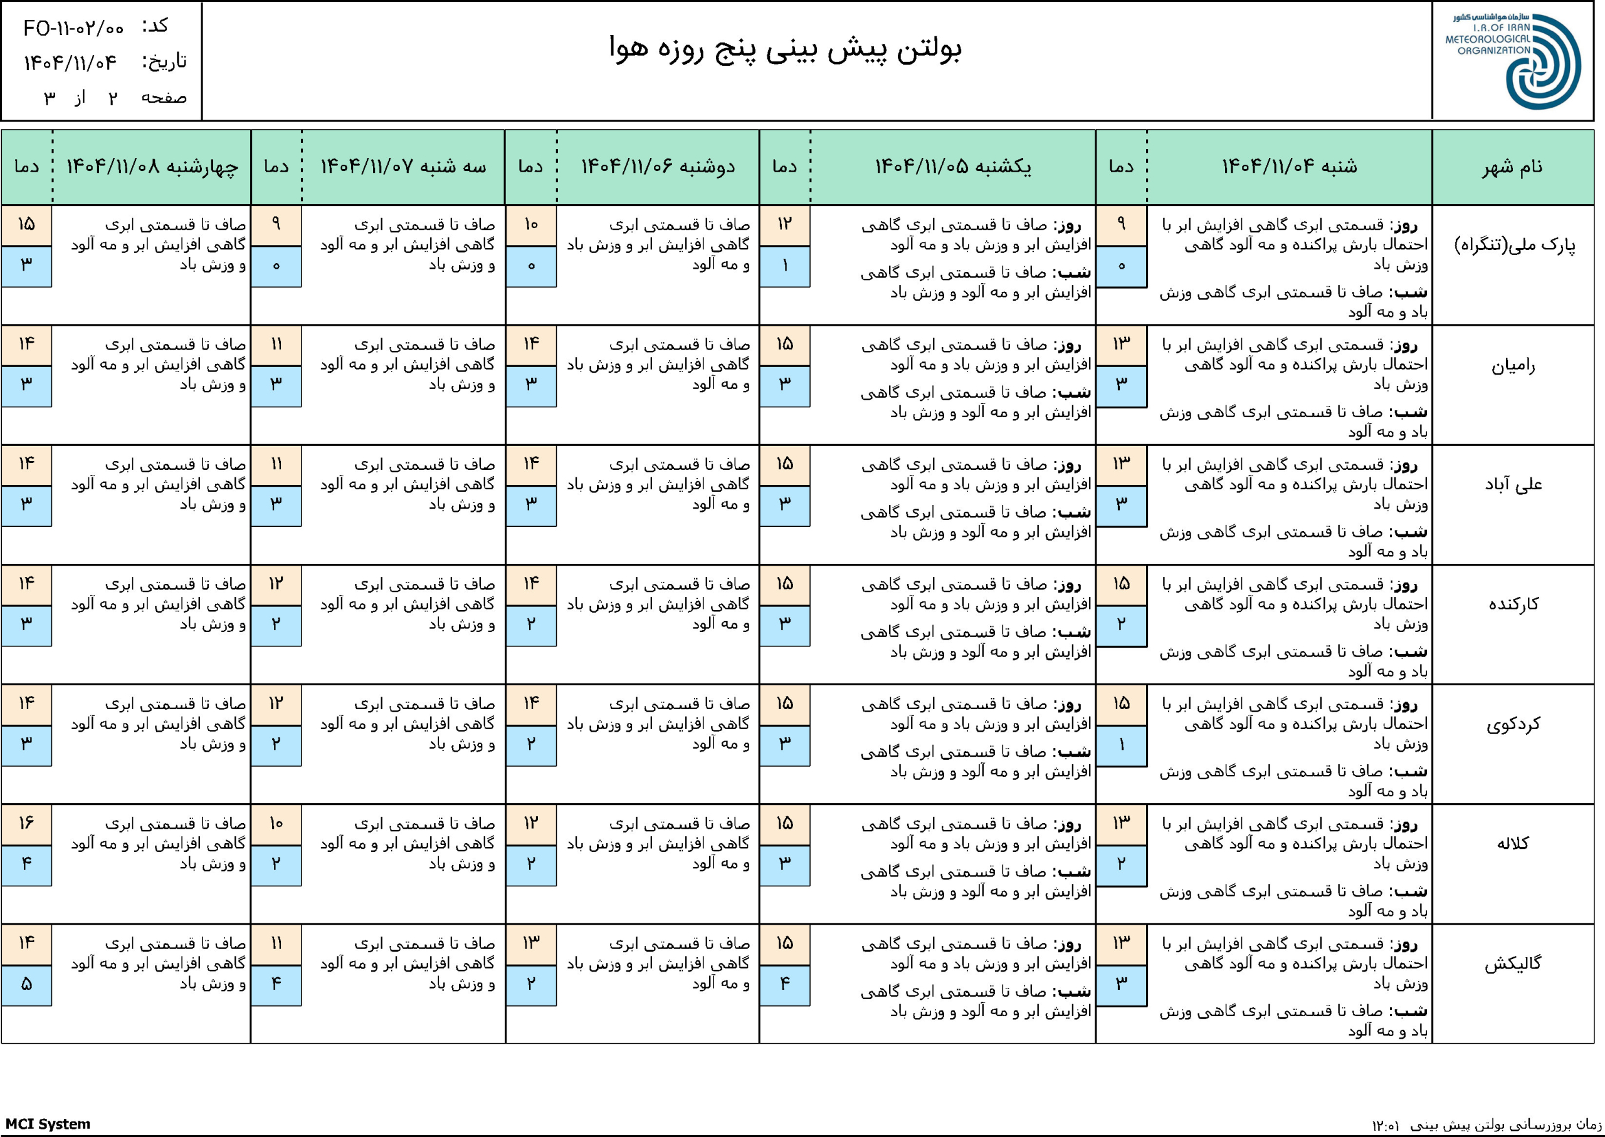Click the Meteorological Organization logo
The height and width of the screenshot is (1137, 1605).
pos(1513,61)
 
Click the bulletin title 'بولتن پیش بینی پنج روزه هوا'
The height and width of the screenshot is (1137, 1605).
pos(786,49)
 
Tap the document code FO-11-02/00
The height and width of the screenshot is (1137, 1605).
pos(73,28)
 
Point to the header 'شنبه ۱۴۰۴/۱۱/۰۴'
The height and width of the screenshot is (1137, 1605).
pos(1289,167)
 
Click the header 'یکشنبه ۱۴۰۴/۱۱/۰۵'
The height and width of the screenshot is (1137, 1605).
pos(953,167)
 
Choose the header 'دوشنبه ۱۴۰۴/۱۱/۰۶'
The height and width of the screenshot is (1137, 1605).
pos(658,167)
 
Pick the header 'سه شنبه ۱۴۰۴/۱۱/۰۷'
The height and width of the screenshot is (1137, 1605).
pos(404,167)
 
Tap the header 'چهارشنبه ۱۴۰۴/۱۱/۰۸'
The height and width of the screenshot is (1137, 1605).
pos(152,167)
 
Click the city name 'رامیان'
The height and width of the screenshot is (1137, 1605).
pos(1513,365)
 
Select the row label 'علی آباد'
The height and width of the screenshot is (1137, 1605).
pos(1513,484)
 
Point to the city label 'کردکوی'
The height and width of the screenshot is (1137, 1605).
pos(1513,724)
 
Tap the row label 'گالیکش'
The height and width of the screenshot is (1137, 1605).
pos(1513,963)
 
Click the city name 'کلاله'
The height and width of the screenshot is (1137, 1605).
pos(1513,844)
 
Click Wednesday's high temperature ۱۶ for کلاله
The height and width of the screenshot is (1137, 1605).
pos(26,824)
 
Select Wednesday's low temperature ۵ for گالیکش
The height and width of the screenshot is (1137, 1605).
pos(26,984)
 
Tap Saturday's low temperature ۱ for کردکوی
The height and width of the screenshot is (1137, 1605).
pos(1121,745)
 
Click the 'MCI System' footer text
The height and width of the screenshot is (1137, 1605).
pos(48,1124)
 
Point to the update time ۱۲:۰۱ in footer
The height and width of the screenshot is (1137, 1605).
pos(1386,1126)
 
